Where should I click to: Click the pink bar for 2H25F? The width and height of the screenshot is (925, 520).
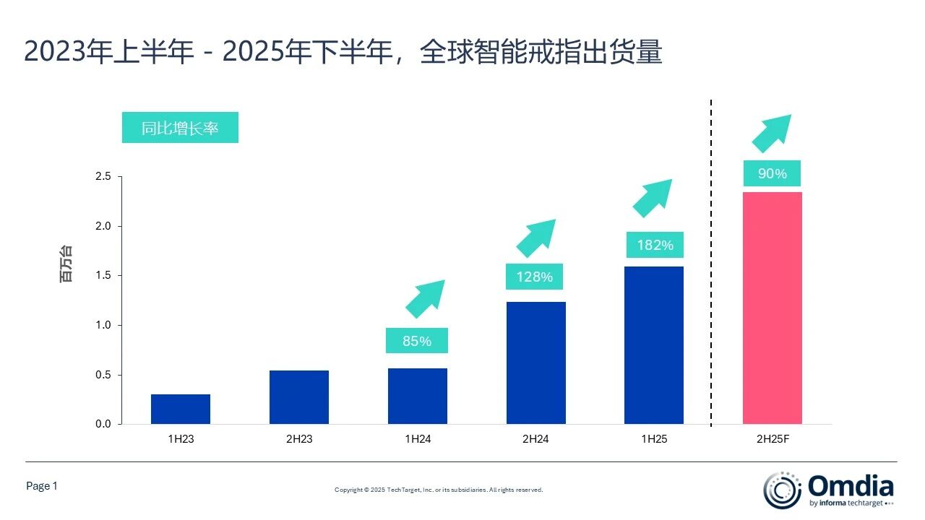click(x=772, y=308)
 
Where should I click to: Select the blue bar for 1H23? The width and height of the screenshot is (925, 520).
click(x=181, y=409)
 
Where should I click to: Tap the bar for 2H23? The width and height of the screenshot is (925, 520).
click(x=299, y=397)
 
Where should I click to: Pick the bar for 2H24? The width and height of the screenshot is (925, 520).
click(x=535, y=363)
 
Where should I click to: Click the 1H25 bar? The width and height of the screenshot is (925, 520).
click(x=654, y=345)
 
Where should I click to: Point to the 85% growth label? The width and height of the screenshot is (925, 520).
click(x=417, y=341)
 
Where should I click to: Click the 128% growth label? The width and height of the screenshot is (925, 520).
click(x=535, y=277)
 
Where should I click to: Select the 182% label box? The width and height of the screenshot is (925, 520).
click(x=655, y=246)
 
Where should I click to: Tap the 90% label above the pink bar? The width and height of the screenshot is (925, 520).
click(x=772, y=174)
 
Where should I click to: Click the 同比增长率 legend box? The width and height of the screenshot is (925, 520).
click(x=180, y=129)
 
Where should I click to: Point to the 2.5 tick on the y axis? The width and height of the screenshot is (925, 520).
click(x=103, y=177)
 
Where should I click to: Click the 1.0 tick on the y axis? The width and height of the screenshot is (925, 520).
click(x=103, y=325)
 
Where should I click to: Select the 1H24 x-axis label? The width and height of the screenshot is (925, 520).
click(x=417, y=439)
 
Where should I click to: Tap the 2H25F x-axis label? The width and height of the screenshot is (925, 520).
click(x=772, y=439)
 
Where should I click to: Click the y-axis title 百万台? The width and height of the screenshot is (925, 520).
click(x=66, y=264)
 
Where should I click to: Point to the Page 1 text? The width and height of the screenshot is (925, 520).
click(x=41, y=486)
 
